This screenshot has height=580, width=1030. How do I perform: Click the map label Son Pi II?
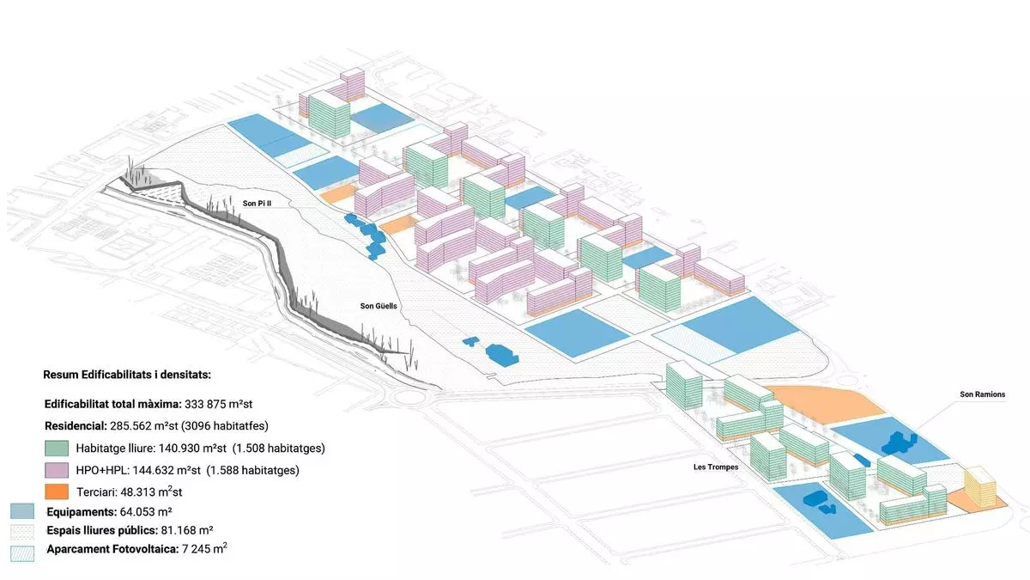[258, 203]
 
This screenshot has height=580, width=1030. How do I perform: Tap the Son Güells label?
[379, 306]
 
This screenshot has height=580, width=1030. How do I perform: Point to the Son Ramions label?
[983, 394]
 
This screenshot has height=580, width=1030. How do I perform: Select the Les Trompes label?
[715, 467]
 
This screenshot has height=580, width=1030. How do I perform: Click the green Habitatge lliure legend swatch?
[57, 448]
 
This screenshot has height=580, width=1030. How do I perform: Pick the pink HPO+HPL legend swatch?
[57, 470]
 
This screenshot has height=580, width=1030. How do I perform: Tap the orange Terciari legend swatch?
[57, 491]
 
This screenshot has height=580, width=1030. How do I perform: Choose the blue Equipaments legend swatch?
[22, 510]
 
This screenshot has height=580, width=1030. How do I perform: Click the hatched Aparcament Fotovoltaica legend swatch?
[22, 550]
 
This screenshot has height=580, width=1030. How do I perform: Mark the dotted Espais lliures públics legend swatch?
[22, 530]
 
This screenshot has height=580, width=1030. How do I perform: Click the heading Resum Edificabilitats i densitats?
[126, 375]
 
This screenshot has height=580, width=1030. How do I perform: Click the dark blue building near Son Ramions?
[898, 442]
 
